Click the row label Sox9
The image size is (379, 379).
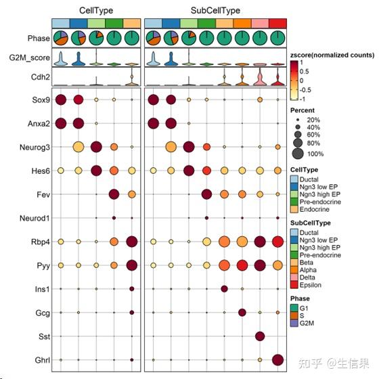pos(40,100)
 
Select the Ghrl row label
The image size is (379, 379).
pos(40,359)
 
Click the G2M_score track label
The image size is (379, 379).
pos(29,58)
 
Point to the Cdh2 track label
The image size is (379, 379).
pos(39,77)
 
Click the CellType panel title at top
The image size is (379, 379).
pos(96,11)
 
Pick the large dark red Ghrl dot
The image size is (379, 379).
pos(277,359)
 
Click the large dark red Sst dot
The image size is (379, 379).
pos(260,336)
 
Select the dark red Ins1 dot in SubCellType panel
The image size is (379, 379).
pos(224,289)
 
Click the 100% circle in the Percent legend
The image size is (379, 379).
pos(298,153)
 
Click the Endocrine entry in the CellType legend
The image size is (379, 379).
pos(309,210)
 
